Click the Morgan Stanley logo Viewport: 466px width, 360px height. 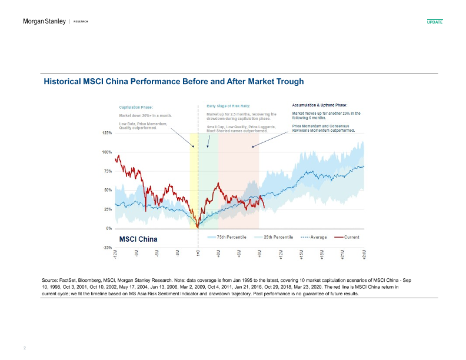point(44,22)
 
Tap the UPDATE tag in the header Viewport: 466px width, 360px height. point(434,22)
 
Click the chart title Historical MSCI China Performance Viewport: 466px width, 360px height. point(174,81)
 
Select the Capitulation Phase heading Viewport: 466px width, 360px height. point(136,108)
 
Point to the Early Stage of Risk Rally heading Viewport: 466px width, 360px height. point(229,107)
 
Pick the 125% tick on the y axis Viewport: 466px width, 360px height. point(107,133)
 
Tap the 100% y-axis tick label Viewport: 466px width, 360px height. point(107,152)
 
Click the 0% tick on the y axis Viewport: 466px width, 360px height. point(109,228)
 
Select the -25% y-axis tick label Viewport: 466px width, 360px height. point(107,247)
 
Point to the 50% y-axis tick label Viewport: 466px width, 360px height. point(108,190)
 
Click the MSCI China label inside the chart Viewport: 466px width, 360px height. point(137,240)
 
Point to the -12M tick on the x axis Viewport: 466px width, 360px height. point(115,254)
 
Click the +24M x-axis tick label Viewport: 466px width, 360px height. point(364,254)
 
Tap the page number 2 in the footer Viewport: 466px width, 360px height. point(24,348)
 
